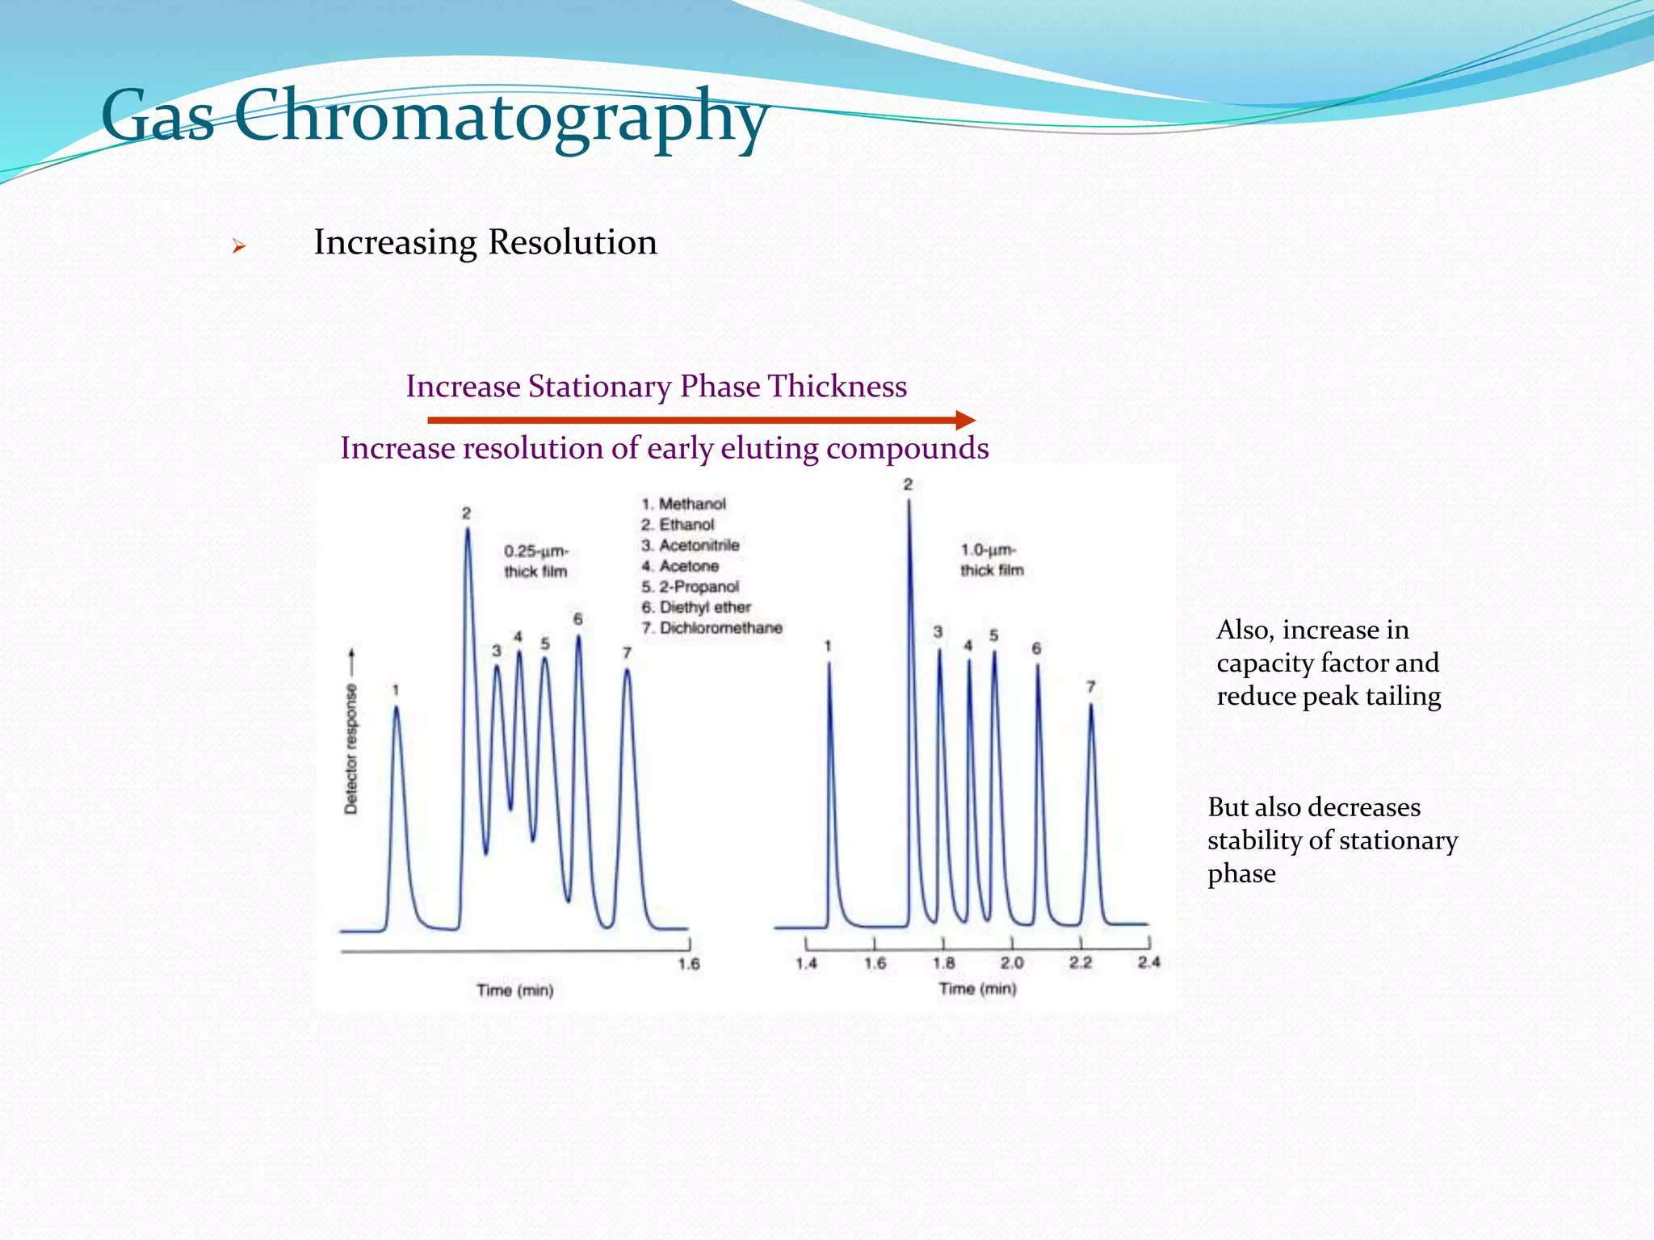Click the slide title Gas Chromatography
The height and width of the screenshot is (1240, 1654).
point(434,117)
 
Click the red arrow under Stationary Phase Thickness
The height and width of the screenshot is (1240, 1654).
point(701,420)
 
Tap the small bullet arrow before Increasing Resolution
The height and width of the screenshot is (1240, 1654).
point(238,246)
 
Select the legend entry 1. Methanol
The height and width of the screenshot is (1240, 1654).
point(684,504)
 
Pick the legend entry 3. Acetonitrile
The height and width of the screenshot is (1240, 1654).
point(691,545)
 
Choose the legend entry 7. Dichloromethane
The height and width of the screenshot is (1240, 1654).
point(712,628)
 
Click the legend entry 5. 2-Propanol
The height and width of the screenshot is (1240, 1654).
point(691,587)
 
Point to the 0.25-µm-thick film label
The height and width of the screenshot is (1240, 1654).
point(536,561)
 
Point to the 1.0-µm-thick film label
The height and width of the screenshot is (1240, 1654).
point(992,560)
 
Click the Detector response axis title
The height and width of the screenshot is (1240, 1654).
point(351,748)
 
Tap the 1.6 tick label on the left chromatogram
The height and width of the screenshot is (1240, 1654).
point(689,964)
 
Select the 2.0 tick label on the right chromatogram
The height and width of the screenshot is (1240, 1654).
point(1012,963)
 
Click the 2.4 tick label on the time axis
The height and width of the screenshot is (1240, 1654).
point(1148,962)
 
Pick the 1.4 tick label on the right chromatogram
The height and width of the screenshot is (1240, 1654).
point(806,963)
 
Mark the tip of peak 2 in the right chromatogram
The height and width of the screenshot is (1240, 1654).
point(909,502)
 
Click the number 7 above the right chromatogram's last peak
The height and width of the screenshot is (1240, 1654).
point(1090,687)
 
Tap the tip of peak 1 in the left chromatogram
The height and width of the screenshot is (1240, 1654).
point(396,708)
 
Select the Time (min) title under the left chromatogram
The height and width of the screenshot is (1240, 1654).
point(515,991)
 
